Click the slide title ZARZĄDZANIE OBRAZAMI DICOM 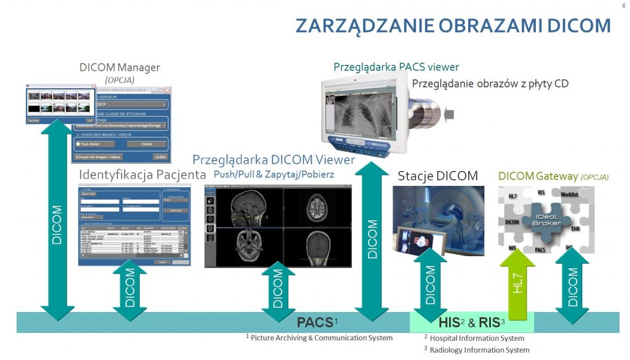[453, 25]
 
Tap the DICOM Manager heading [119, 67]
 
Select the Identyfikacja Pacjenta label [142, 175]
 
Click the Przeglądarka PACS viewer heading [396, 66]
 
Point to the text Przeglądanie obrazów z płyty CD [490, 83]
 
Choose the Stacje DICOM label [437, 175]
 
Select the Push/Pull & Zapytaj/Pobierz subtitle [274, 175]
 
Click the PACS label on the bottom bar [315, 322]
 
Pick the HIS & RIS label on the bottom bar [471, 322]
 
